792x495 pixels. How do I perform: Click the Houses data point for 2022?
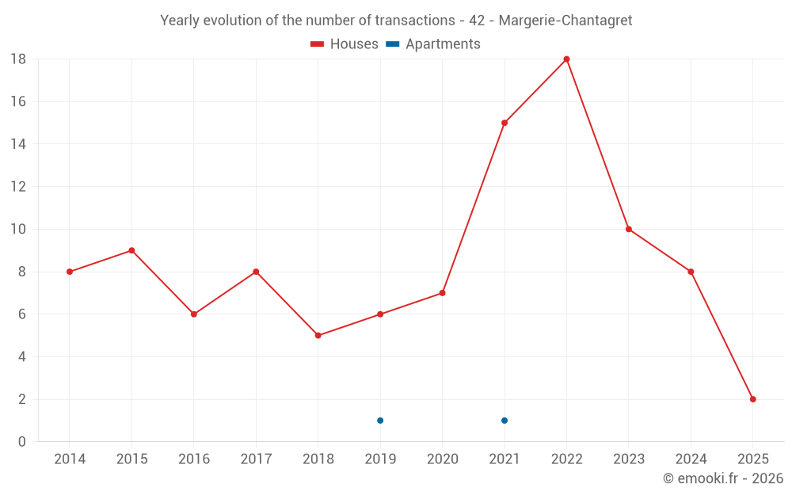tap(566, 59)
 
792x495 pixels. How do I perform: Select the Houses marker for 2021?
tap(505, 123)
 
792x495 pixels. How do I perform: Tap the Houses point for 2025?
tap(752, 399)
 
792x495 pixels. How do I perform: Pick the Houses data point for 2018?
tap(318, 335)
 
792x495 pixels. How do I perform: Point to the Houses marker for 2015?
tap(131, 250)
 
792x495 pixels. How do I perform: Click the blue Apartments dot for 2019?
tap(380, 421)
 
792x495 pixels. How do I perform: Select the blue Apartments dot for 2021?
tap(505, 421)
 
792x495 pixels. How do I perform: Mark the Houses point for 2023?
tap(628, 229)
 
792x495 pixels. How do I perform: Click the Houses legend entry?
tap(345, 44)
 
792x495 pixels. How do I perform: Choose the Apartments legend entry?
tap(433, 44)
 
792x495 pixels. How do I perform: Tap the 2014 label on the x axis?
tap(70, 459)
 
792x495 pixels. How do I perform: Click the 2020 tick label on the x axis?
tap(442, 459)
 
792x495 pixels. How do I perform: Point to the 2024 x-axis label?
tap(691, 459)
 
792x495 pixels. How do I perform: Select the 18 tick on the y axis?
tap(18, 59)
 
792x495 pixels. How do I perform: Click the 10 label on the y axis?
tap(18, 229)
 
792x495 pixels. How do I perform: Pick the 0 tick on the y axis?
tap(22, 442)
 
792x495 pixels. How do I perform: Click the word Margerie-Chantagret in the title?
tap(565, 21)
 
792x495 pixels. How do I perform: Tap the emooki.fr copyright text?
tap(723, 478)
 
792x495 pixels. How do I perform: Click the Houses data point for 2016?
tap(193, 314)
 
